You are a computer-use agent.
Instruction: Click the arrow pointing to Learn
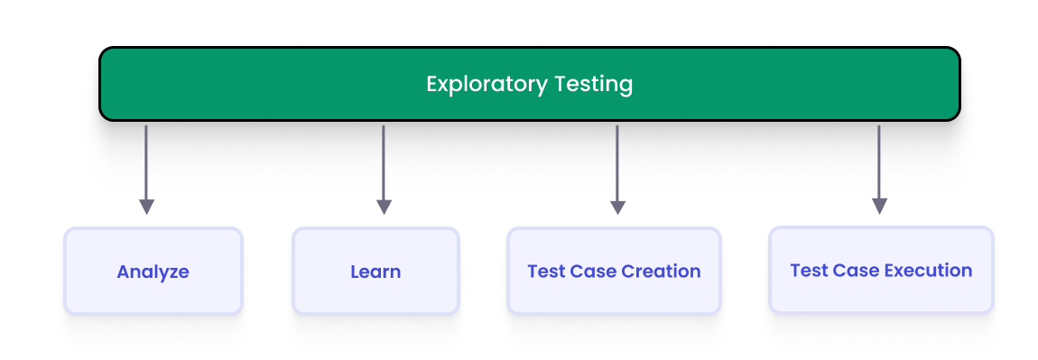click(384, 162)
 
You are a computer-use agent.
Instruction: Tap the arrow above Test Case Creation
click(617, 162)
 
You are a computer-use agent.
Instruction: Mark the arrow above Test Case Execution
click(879, 162)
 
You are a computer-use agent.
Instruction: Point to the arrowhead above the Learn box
click(384, 207)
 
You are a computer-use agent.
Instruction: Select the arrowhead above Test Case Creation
click(617, 207)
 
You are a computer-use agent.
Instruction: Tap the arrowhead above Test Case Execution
click(879, 207)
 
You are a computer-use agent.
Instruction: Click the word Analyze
click(153, 272)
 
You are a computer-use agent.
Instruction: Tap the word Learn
click(375, 272)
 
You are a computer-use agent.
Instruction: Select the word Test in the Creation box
click(545, 271)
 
